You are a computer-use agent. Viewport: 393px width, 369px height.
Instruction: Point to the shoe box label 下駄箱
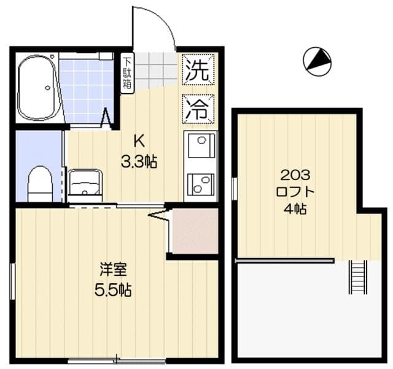click(x=126, y=74)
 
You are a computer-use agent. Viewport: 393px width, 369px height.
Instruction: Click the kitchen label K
click(x=139, y=142)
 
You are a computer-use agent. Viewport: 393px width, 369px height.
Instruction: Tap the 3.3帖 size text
click(x=139, y=162)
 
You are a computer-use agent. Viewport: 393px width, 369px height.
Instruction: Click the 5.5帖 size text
click(x=113, y=290)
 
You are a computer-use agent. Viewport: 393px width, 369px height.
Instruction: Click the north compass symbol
click(x=317, y=61)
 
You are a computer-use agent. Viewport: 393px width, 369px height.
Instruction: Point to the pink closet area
click(x=195, y=230)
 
